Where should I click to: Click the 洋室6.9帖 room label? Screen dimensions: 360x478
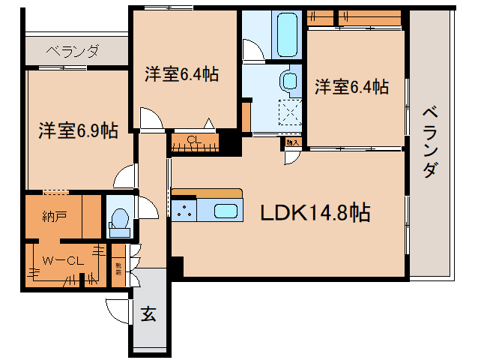point(78,130)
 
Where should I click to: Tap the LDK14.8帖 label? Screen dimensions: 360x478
point(315,213)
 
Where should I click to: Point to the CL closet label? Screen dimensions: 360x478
point(193,139)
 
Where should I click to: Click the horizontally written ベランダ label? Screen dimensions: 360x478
point(72,51)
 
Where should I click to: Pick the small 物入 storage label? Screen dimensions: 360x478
point(291,141)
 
